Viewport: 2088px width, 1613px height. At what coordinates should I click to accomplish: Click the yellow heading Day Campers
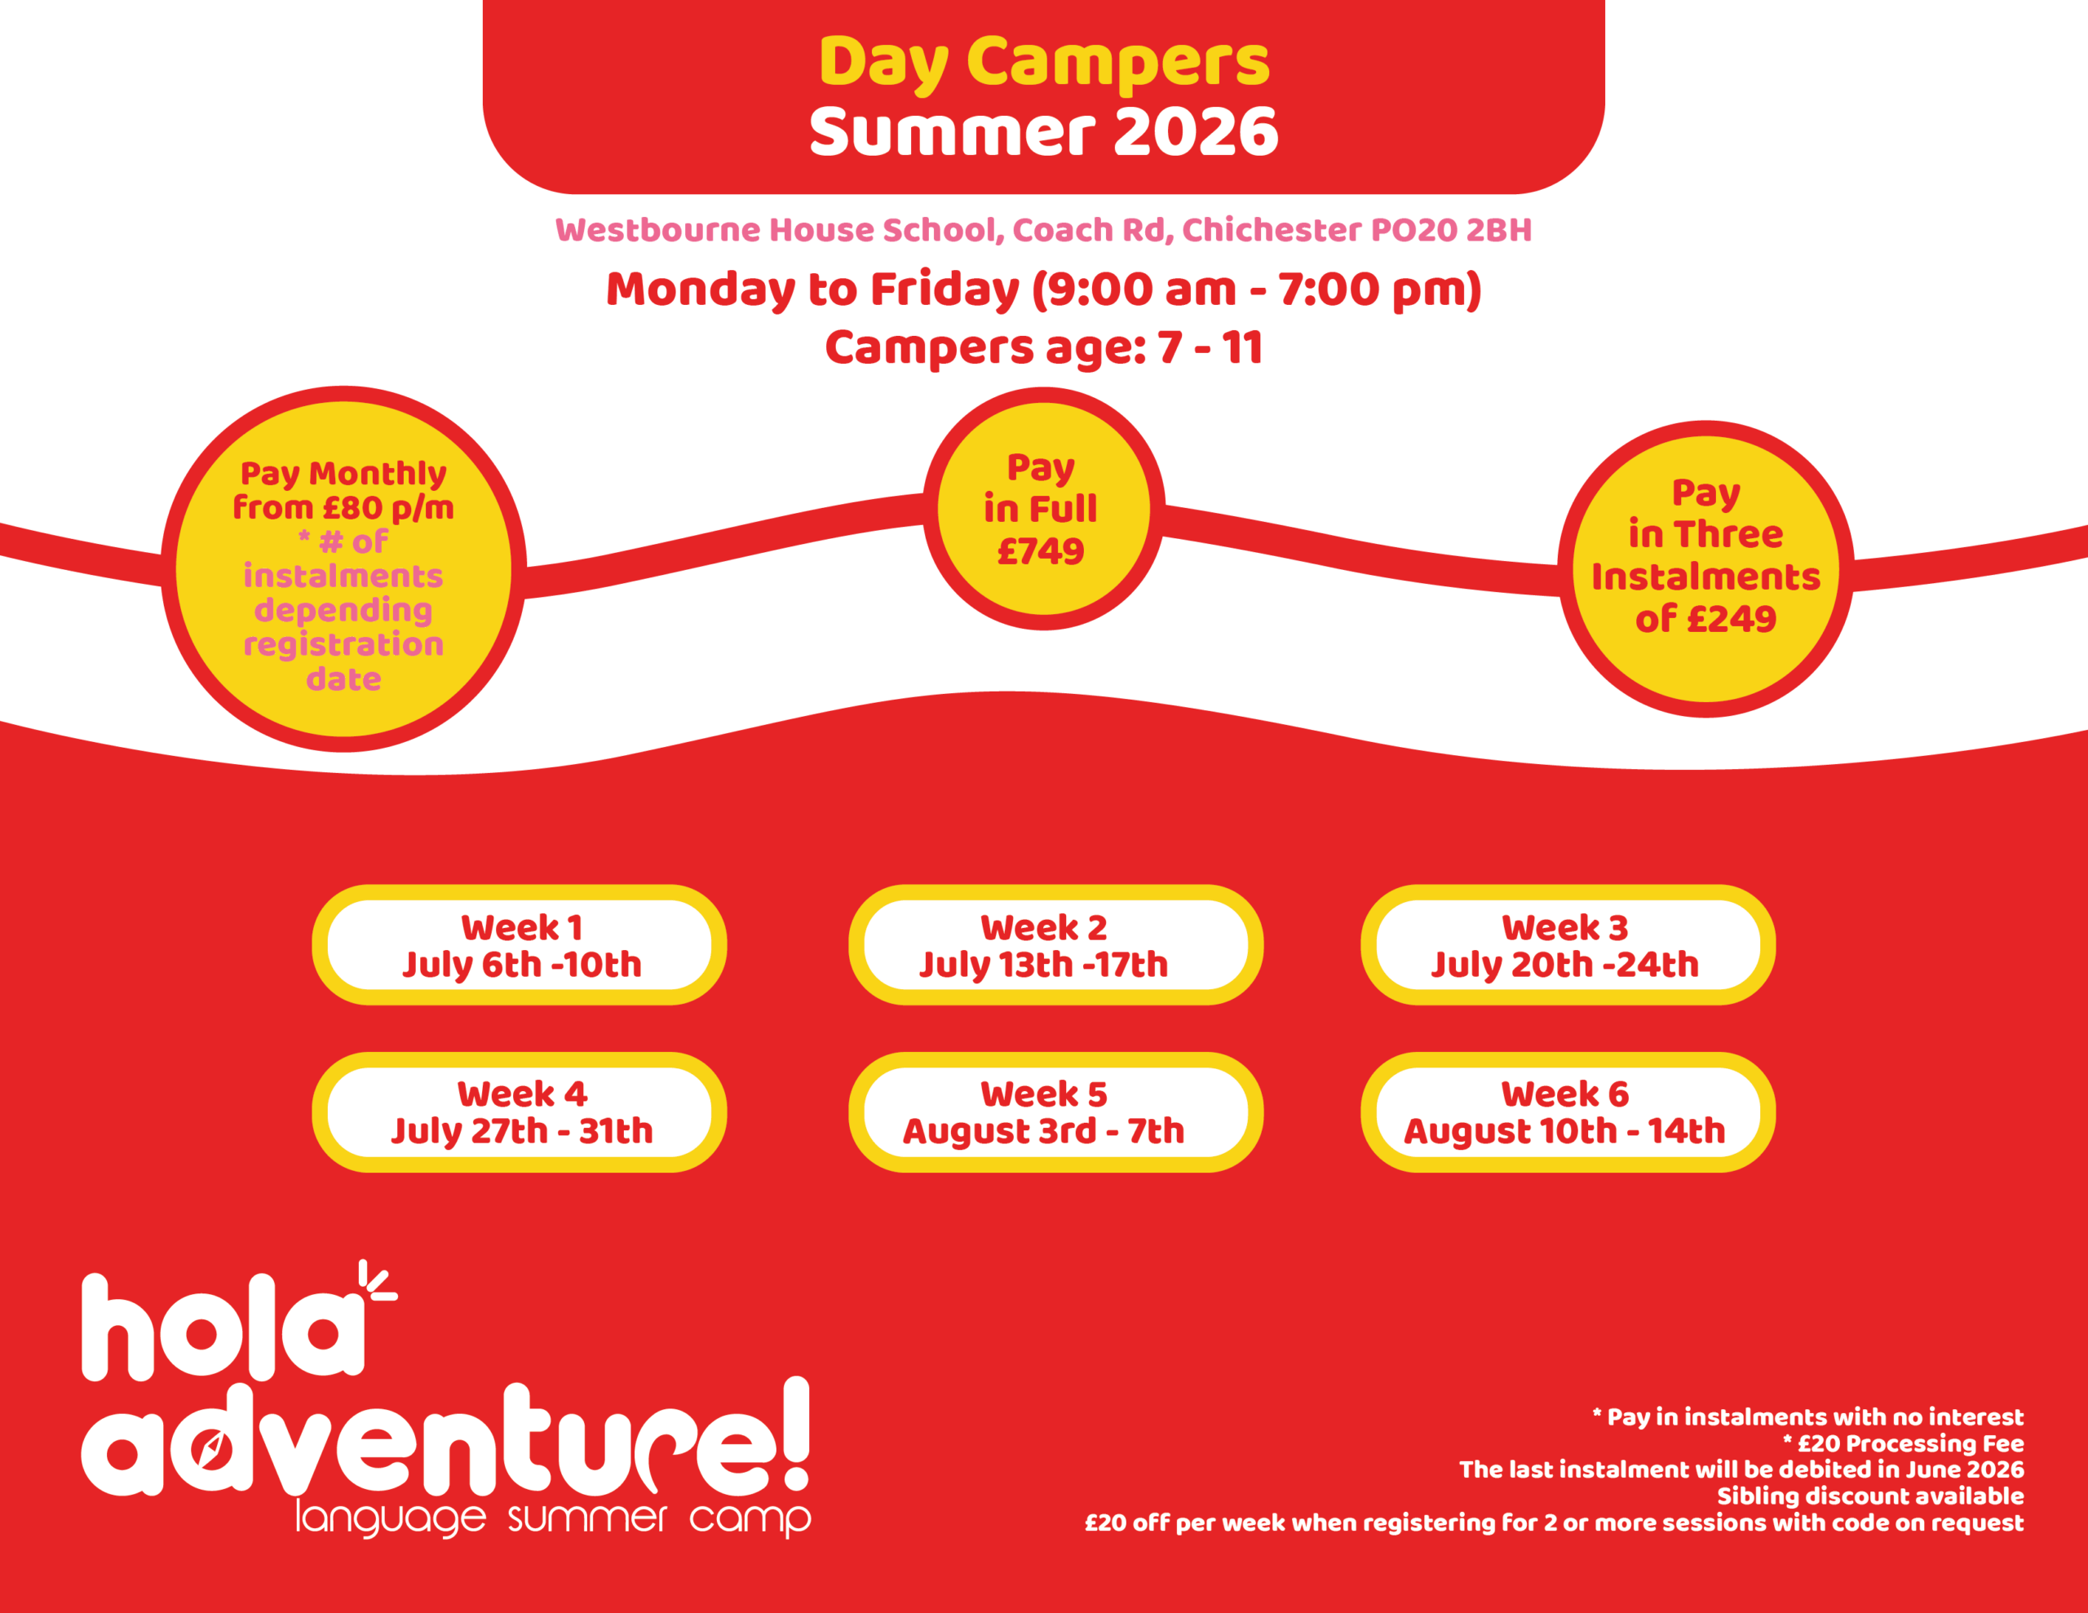pyautogui.click(x=1044, y=63)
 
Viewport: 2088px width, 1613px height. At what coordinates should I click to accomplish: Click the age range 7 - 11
pyautogui.click(x=1210, y=347)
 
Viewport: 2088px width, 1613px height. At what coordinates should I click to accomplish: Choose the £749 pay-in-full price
pyautogui.click(x=1040, y=550)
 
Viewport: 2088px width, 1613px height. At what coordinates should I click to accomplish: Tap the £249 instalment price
pyautogui.click(x=1732, y=620)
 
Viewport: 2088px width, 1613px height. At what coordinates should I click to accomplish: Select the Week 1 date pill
pyautogui.click(x=519, y=944)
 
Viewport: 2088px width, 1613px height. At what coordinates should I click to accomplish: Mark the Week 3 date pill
pyautogui.click(x=1568, y=944)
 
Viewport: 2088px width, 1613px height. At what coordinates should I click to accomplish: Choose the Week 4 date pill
pyautogui.click(x=519, y=1112)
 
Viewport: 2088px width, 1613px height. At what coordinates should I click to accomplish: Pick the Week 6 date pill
pyautogui.click(x=1568, y=1112)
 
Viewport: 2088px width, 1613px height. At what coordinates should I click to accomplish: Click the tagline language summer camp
pyautogui.click(x=553, y=1518)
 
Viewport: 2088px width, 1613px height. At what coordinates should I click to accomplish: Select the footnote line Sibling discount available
pyautogui.click(x=1870, y=1496)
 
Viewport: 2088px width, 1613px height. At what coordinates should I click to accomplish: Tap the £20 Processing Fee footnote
pyautogui.click(x=1904, y=1443)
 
